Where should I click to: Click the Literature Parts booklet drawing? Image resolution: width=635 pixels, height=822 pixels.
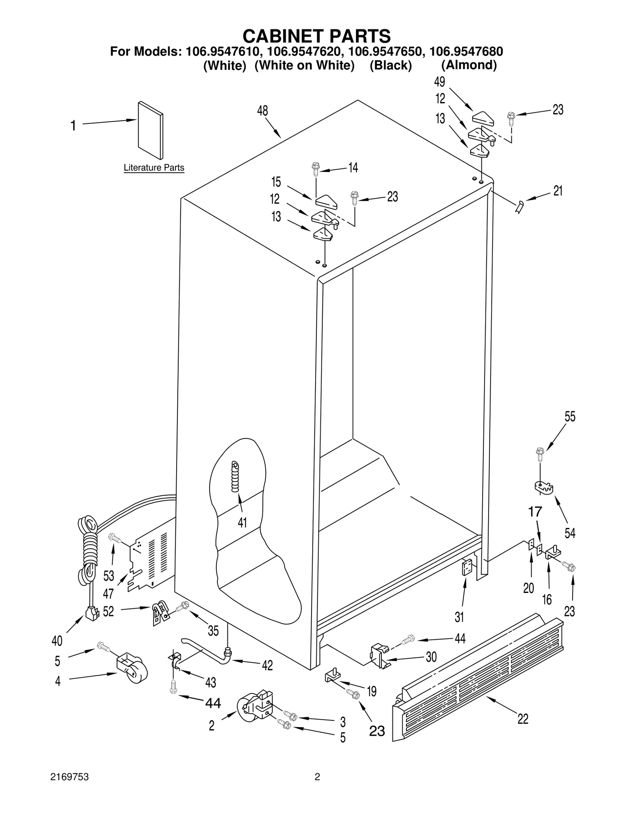150,130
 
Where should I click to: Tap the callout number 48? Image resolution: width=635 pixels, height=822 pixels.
262,111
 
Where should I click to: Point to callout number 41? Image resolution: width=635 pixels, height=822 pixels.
242,522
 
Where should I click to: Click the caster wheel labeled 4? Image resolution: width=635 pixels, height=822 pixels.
133,669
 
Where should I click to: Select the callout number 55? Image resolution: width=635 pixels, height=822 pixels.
570,416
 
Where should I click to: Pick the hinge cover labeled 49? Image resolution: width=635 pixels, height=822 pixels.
482,118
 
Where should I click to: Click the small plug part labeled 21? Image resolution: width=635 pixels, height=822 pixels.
520,207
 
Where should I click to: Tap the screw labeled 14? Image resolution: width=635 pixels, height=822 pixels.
316,168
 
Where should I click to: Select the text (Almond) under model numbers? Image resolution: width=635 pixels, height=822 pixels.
469,65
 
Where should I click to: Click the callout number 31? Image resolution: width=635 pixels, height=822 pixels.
459,617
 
